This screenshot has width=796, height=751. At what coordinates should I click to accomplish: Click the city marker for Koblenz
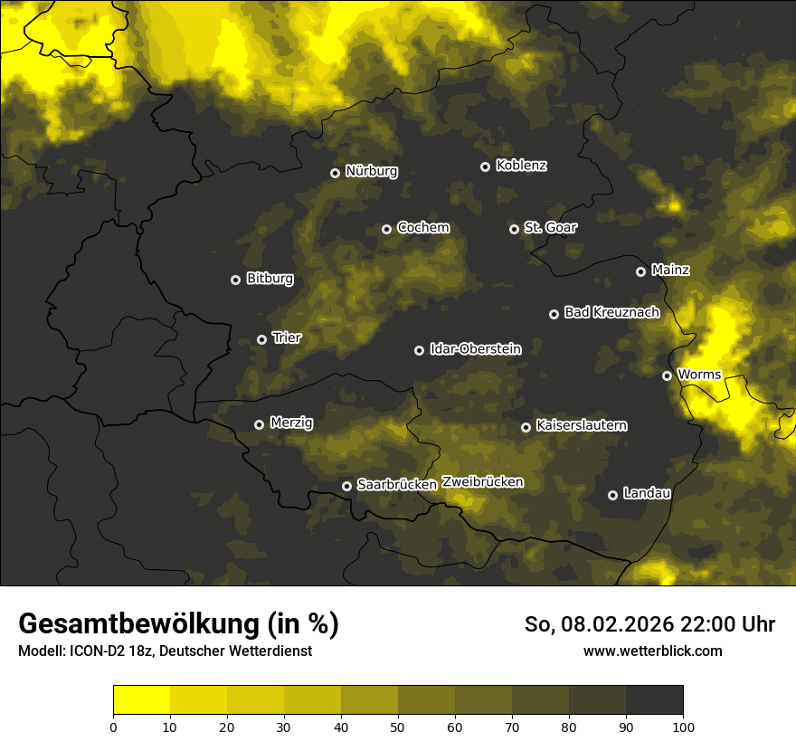[485, 166]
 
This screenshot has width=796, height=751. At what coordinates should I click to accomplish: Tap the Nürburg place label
[371, 172]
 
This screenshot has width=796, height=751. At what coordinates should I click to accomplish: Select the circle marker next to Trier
[262, 339]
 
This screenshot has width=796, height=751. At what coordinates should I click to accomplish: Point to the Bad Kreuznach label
[611, 312]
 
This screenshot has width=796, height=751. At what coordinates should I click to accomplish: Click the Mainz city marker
[640, 271]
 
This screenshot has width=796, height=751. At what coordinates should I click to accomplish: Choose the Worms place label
[698, 374]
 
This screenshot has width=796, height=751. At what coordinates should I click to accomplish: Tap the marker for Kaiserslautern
[526, 427]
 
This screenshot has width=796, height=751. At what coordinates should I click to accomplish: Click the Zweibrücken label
[482, 482]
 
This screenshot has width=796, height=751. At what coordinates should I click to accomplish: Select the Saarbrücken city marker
[346, 486]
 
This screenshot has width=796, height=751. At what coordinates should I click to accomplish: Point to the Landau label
[647, 493]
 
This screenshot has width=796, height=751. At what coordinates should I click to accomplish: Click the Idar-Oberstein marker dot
[419, 350]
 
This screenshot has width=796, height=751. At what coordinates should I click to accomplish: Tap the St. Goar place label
[550, 228]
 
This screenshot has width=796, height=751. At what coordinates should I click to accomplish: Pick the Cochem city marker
[386, 229]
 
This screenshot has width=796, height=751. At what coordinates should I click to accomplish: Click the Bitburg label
[270, 279]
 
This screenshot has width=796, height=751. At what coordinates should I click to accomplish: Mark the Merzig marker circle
[259, 424]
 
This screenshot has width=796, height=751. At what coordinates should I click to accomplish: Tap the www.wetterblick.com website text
[653, 651]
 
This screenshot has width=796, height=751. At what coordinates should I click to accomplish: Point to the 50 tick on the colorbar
[398, 726]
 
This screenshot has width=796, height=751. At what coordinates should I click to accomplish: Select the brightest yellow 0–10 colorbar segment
[142, 700]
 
